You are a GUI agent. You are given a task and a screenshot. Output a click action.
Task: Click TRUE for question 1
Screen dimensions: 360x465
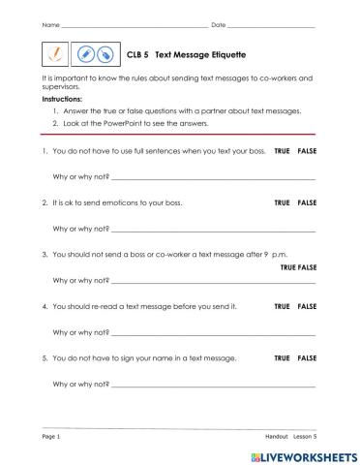pos(282,153)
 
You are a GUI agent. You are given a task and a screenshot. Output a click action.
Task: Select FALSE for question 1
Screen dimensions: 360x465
pos(307,153)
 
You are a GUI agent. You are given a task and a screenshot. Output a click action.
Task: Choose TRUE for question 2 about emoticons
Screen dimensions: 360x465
pos(282,203)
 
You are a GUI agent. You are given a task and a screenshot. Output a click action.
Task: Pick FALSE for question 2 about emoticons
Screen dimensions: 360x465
pos(307,203)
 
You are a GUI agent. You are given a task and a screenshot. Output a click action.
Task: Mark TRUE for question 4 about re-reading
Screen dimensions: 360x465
pos(282,306)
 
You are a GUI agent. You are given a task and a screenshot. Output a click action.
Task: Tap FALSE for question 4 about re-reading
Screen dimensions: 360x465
pos(307,306)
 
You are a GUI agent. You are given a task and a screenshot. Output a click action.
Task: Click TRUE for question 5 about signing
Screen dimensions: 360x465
pos(282,357)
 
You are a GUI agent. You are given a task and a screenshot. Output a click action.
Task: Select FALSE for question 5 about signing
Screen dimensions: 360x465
pos(307,357)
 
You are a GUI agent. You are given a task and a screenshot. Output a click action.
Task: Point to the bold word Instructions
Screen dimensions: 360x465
pos(62,99)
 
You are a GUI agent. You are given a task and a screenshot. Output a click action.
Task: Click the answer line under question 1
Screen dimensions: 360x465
pos(213,180)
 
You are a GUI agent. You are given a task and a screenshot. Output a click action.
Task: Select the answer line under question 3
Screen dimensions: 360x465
pos(213,282)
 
